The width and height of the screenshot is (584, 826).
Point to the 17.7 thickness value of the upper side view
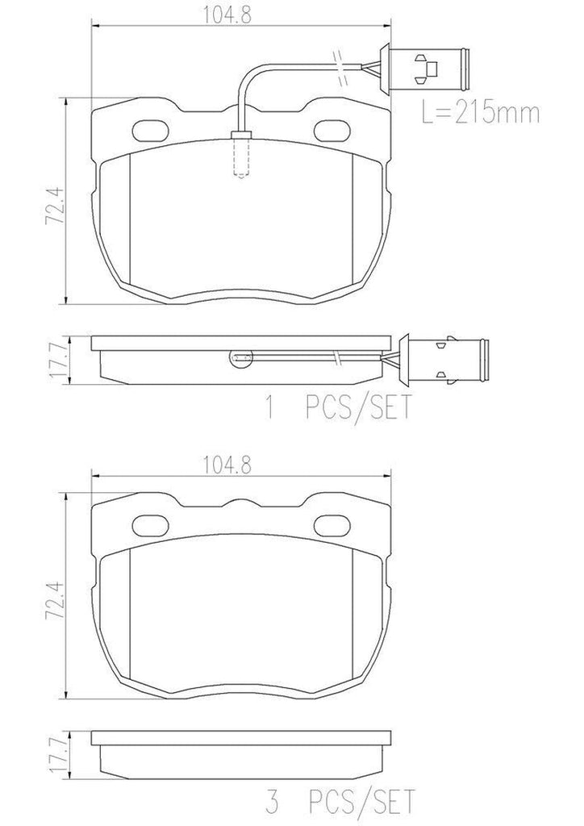[54, 359]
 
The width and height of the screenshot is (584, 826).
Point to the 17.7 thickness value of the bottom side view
[54, 753]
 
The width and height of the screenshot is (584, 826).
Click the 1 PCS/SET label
[340, 407]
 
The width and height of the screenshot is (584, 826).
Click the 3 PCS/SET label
[340, 803]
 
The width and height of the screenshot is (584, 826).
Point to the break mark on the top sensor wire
[339, 65]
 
